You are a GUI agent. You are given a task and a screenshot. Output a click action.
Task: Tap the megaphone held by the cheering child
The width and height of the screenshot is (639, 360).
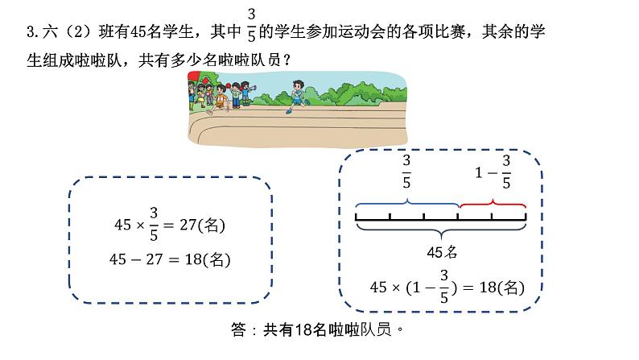pyautogui.click(x=254, y=87)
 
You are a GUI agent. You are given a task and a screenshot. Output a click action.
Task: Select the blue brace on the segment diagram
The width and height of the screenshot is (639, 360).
pyautogui.click(x=406, y=201)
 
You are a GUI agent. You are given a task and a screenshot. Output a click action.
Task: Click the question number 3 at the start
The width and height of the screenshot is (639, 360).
pyautogui.click(x=30, y=33)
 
